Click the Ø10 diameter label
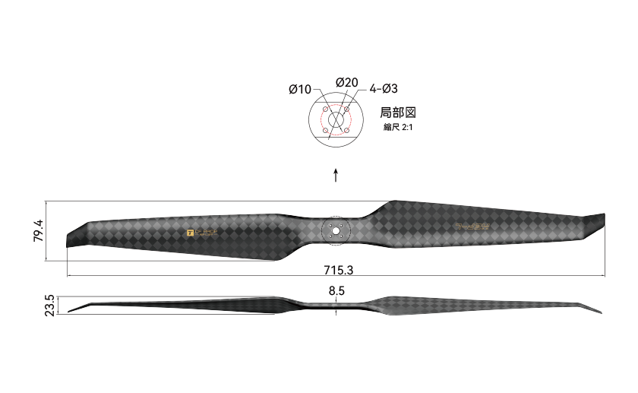pyautogui.click(x=300, y=89)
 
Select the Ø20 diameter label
pyautogui.click(x=346, y=82)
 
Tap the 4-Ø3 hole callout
pyautogui.click(x=384, y=89)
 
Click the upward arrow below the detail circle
pyautogui.click(x=336, y=176)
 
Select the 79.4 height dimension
pyautogui.click(x=38, y=230)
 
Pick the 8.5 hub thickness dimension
pyautogui.click(x=336, y=290)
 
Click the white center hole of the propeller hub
pyautogui.click(x=336, y=231)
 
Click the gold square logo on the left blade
pyautogui.click(x=191, y=232)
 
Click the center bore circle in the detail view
pyautogui.click(x=336, y=121)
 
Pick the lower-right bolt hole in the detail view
pyautogui.click(x=346, y=131)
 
